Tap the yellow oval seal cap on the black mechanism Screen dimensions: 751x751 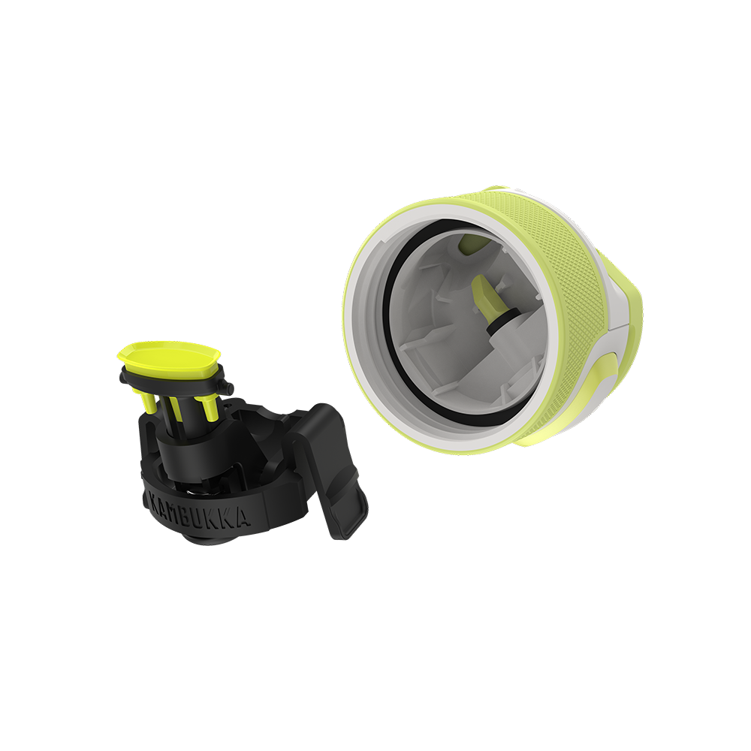click(x=169, y=356)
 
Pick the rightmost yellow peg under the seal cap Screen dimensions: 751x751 click(x=209, y=406)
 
